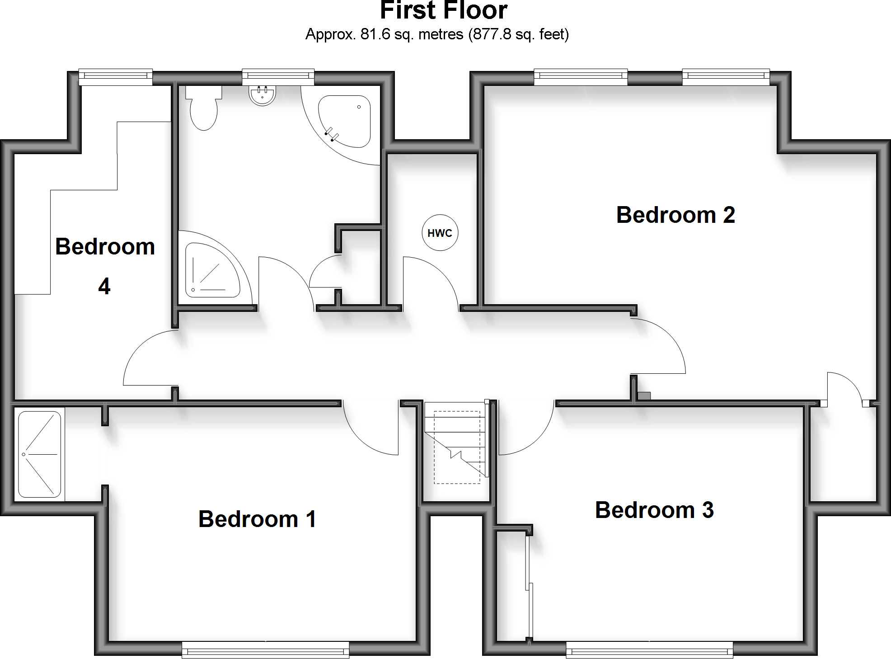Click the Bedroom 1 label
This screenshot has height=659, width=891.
click(257, 519)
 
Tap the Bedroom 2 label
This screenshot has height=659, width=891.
click(675, 215)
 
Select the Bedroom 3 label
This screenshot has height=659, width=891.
click(654, 510)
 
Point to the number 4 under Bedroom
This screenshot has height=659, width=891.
click(104, 287)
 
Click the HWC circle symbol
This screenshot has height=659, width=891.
click(440, 233)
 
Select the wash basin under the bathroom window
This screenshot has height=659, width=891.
click(263, 95)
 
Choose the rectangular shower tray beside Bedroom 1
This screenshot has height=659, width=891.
click(39, 454)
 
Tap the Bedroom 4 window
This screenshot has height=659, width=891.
click(116, 76)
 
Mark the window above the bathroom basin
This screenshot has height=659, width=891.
click(278, 76)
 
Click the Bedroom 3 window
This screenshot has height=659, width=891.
click(649, 651)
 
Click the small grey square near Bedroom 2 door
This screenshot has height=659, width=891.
click(644, 396)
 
